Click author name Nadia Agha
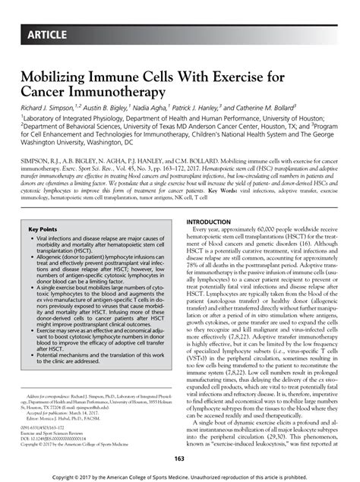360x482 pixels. tap(153, 109)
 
